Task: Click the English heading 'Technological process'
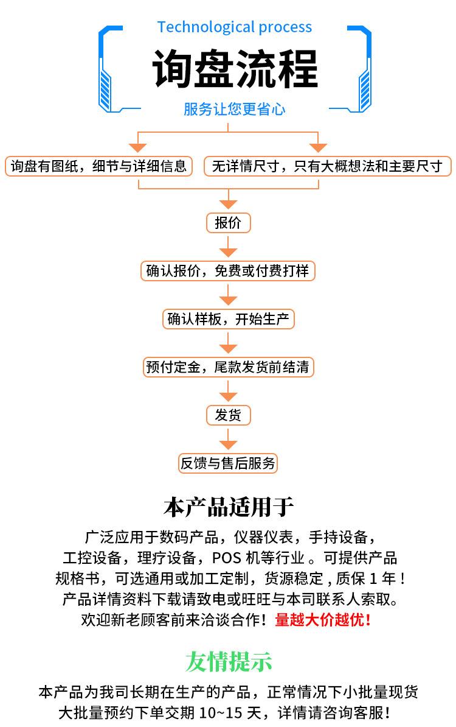point(234,27)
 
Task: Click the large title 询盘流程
point(235,69)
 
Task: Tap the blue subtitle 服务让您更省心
point(234,109)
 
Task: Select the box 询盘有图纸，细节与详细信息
point(98,166)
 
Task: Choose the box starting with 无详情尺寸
point(327,166)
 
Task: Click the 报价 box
point(228,223)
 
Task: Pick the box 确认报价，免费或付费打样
point(228,271)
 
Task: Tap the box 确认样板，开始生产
point(228,319)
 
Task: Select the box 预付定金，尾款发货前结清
point(228,367)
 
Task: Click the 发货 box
point(228,415)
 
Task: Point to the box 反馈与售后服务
point(228,463)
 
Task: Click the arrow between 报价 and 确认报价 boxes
point(228,247)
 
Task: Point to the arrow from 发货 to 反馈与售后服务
point(228,439)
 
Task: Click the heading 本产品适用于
point(228,507)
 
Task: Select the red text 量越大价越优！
point(323,619)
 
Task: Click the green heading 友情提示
point(228,661)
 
